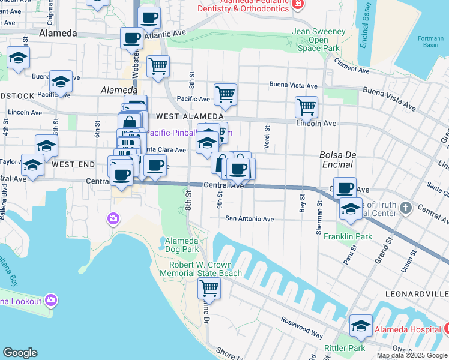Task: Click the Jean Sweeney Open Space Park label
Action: pyautogui.click(x=319, y=40)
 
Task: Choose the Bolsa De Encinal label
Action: pyautogui.click(x=339, y=158)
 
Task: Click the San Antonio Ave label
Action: pyautogui.click(x=249, y=219)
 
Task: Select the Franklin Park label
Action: pyautogui.click(x=348, y=236)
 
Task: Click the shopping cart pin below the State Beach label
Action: pyautogui.click(x=209, y=287)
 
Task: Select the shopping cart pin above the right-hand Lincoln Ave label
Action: pyautogui.click(x=306, y=106)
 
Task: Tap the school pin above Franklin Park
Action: pyautogui.click(x=351, y=208)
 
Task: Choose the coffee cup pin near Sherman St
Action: pyautogui.click(x=345, y=188)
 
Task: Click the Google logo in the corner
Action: pyautogui.click(x=20, y=353)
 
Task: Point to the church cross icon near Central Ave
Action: pyautogui.click(x=406, y=208)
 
